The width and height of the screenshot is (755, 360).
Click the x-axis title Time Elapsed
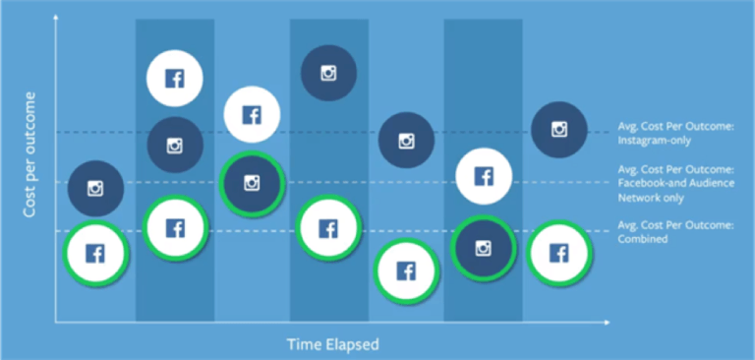(332, 344)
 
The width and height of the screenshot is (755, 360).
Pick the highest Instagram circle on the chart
(328, 72)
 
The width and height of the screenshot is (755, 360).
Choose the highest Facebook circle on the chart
(174, 79)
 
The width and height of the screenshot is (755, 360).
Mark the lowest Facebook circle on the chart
(406, 270)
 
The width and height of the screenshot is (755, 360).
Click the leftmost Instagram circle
(95, 189)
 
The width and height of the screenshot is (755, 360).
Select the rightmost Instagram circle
(559, 128)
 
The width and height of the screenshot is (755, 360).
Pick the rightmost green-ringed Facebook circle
(559, 254)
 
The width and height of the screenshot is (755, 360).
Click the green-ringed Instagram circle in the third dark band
(483, 248)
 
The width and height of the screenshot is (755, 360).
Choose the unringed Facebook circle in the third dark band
(484, 176)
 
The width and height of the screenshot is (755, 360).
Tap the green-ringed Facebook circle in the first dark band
(175, 228)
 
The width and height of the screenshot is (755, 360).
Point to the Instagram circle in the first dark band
(175, 145)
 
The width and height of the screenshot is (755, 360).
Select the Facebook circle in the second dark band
(328, 228)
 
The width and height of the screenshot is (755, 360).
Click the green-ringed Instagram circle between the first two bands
(252, 183)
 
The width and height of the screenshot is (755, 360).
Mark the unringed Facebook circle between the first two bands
(252, 115)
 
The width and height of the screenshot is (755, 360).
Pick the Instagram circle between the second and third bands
(406, 141)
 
